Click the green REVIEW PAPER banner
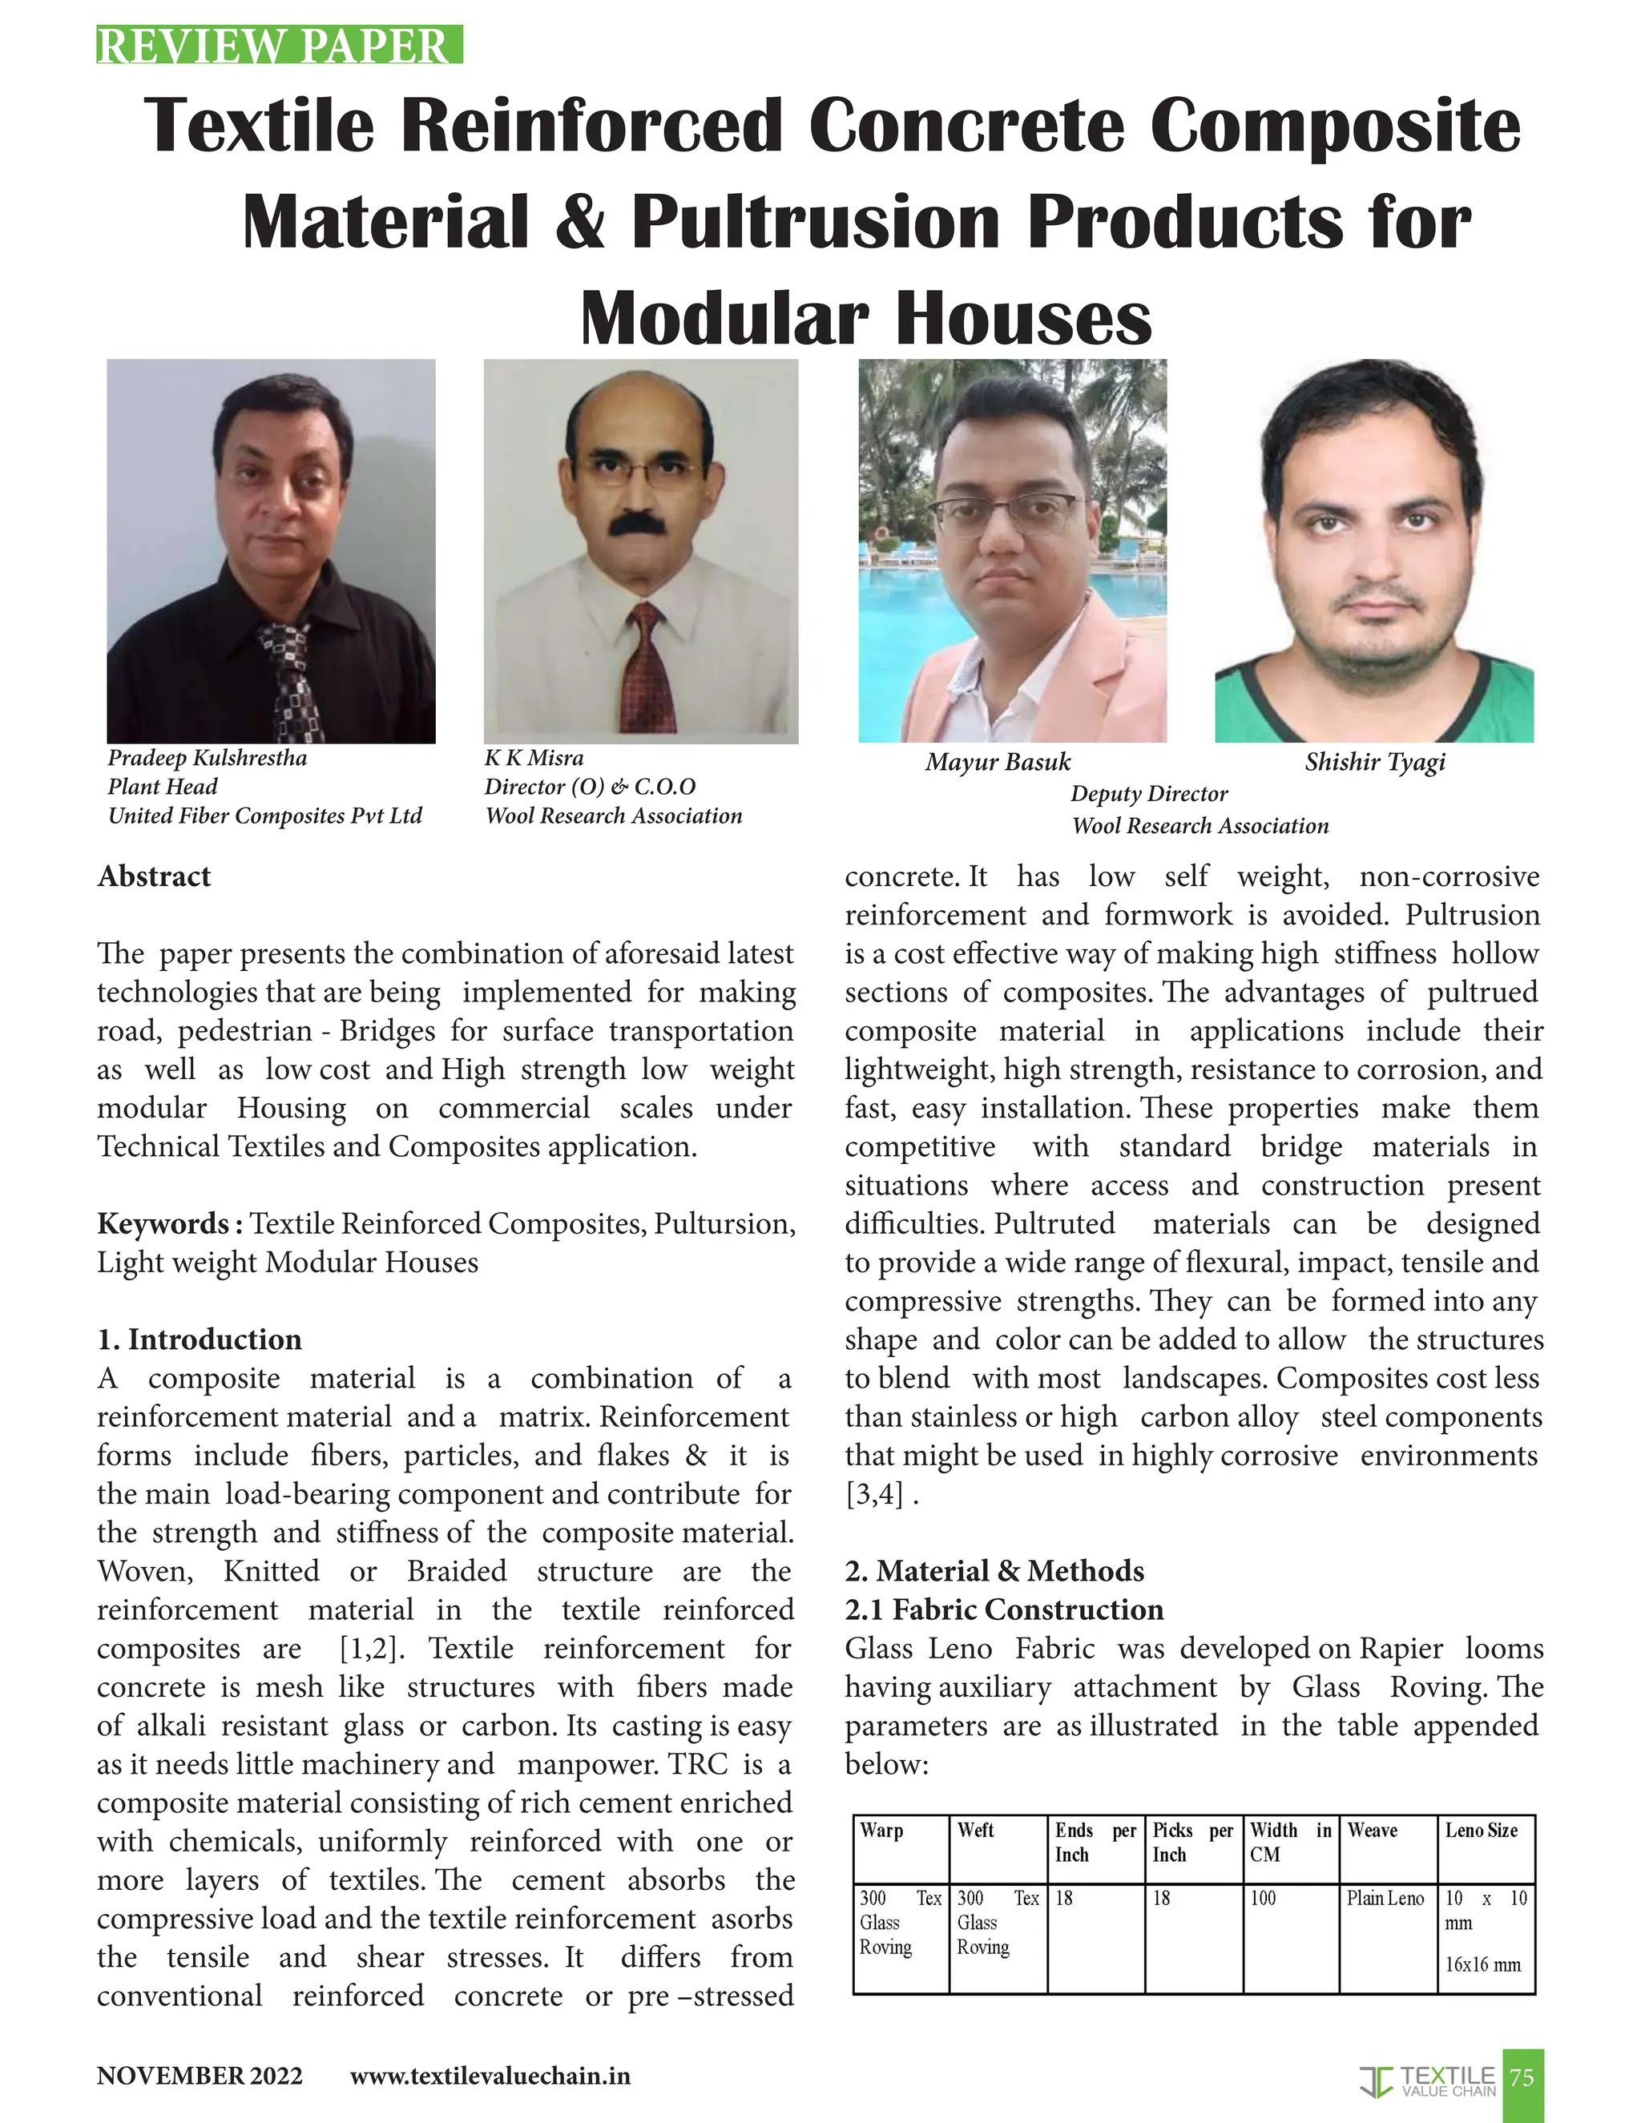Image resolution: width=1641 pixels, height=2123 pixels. [x=278, y=46]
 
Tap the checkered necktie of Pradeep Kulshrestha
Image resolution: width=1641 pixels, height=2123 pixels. [x=291, y=680]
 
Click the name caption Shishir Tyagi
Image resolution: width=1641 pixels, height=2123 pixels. [x=1375, y=762]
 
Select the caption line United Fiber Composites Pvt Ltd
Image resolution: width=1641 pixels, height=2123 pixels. [x=264, y=816]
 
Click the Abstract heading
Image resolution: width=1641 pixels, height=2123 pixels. [x=154, y=876]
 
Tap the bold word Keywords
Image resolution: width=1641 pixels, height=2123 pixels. [x=169, y=1224]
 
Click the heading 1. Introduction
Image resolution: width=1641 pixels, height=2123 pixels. [x=200, y=1339]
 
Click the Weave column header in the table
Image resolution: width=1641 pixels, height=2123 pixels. [x=1372, y=1831]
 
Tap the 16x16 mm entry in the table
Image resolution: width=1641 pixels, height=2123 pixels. [x=1482, y=1964]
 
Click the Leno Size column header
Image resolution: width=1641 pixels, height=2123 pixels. [x=1481, y=1831]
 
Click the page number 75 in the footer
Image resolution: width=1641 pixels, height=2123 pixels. [x=1522, y=2077]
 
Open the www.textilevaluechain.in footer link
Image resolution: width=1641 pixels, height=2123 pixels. [x=490, y=2077]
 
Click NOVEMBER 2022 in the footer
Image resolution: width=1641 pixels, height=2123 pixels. [x=200, y=2077]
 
